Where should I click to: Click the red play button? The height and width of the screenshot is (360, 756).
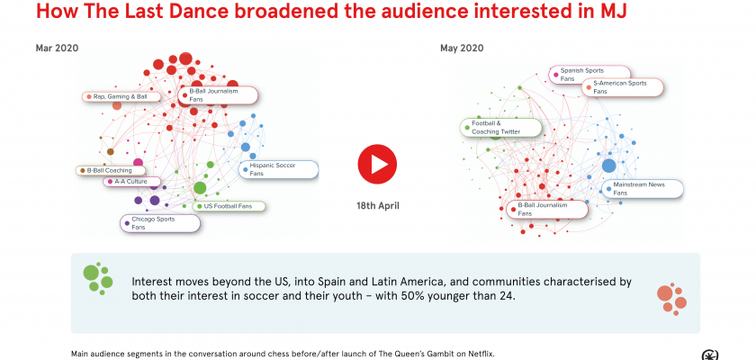pyautogui.click(x=377, y=163)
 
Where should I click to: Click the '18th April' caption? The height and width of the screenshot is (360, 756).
pyautogui.click(x=378, y=205)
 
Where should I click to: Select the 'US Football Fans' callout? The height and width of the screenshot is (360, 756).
pyautogui.click(x=230, y=206)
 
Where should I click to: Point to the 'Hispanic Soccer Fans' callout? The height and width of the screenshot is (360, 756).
pyautogui.click(x=278, y=169)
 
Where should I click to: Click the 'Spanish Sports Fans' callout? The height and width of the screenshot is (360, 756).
pyautogui.click(x=589, y=74)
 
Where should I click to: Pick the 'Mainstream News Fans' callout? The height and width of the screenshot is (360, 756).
pyautogui.click(x=643, y=188)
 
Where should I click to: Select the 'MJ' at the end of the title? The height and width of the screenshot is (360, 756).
pyautogui.click(x=614, y=13)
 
